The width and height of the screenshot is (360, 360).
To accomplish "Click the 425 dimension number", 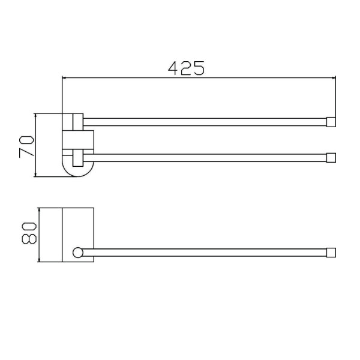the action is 186,68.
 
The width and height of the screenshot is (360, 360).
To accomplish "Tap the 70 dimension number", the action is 26,147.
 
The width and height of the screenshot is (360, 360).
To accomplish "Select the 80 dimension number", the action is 29,233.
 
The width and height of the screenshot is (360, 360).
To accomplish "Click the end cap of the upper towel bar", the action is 331,122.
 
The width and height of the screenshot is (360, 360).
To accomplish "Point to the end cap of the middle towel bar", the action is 331,158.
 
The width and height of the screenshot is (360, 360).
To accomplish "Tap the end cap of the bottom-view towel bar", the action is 331,253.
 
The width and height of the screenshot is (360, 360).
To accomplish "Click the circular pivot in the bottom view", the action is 78,253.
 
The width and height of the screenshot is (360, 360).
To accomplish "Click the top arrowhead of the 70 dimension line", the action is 35,117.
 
